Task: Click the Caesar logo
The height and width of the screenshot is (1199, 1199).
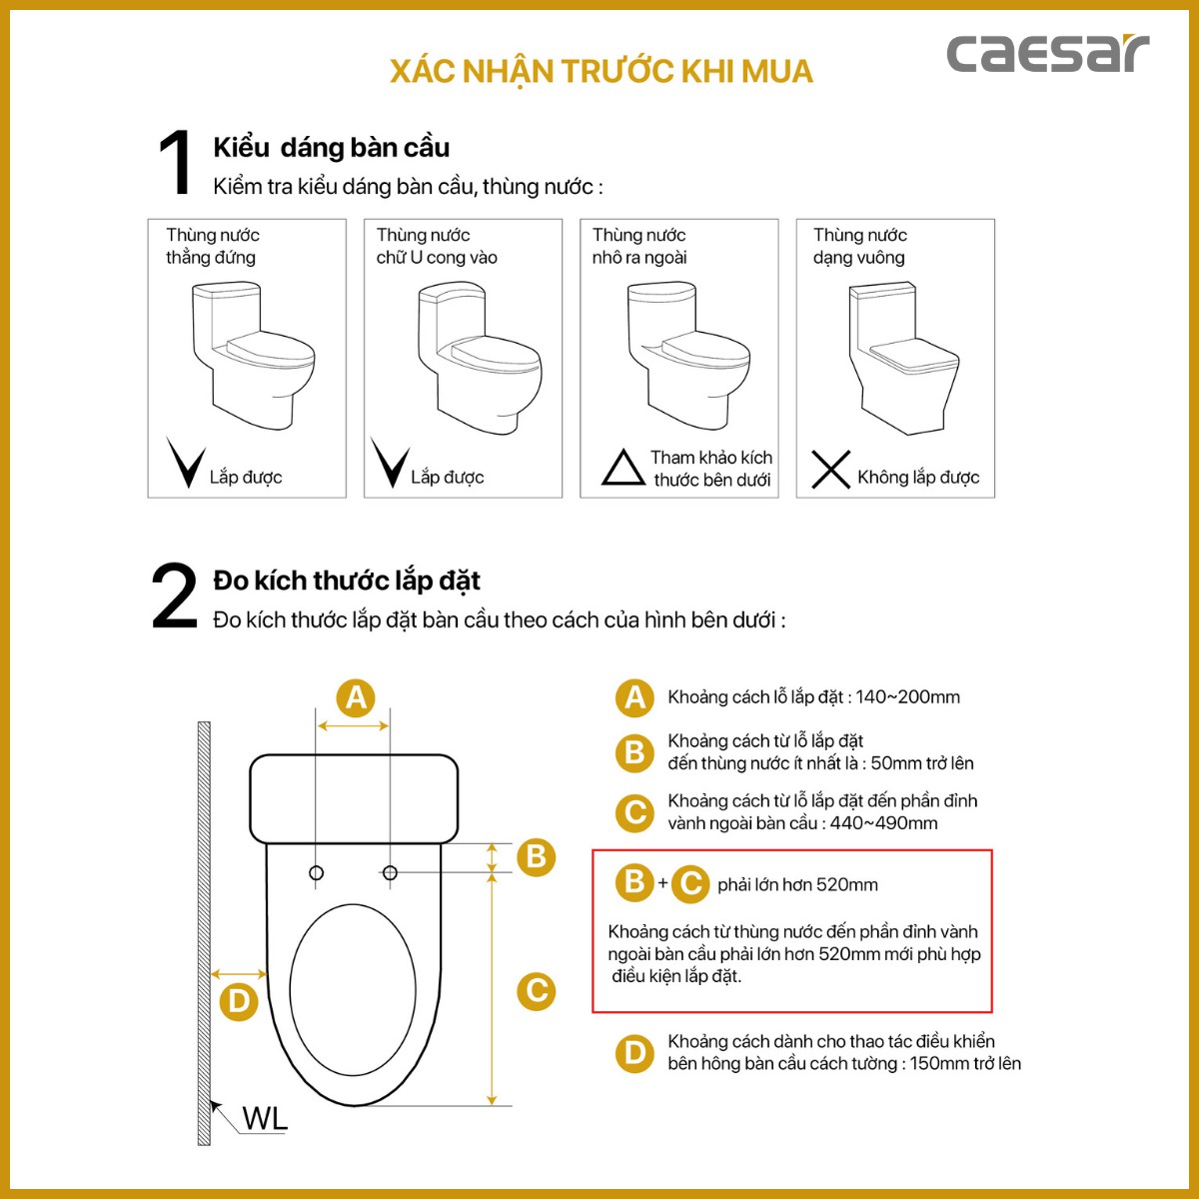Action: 1047,54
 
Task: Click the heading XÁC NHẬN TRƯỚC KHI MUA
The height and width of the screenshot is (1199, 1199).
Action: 601,72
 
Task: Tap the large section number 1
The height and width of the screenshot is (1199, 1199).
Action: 176,163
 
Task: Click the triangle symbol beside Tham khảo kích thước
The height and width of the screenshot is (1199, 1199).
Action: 622,468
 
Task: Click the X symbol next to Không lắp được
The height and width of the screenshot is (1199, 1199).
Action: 830,470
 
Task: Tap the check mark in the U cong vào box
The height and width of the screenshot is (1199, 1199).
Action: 389,462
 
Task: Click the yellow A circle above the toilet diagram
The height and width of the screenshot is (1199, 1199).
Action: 355,697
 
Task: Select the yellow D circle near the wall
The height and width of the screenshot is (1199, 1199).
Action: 238,1001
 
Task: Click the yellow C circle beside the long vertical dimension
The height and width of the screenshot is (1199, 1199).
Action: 537,990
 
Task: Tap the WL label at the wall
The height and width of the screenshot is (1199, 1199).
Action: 265,1118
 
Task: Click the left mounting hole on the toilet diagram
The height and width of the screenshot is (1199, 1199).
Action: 317,873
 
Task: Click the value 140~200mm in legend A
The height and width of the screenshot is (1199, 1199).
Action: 907,697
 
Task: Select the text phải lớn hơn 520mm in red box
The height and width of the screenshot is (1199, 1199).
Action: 797,884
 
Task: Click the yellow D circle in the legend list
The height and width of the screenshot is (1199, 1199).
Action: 634,1052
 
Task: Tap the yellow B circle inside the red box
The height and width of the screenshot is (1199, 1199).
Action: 634,882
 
